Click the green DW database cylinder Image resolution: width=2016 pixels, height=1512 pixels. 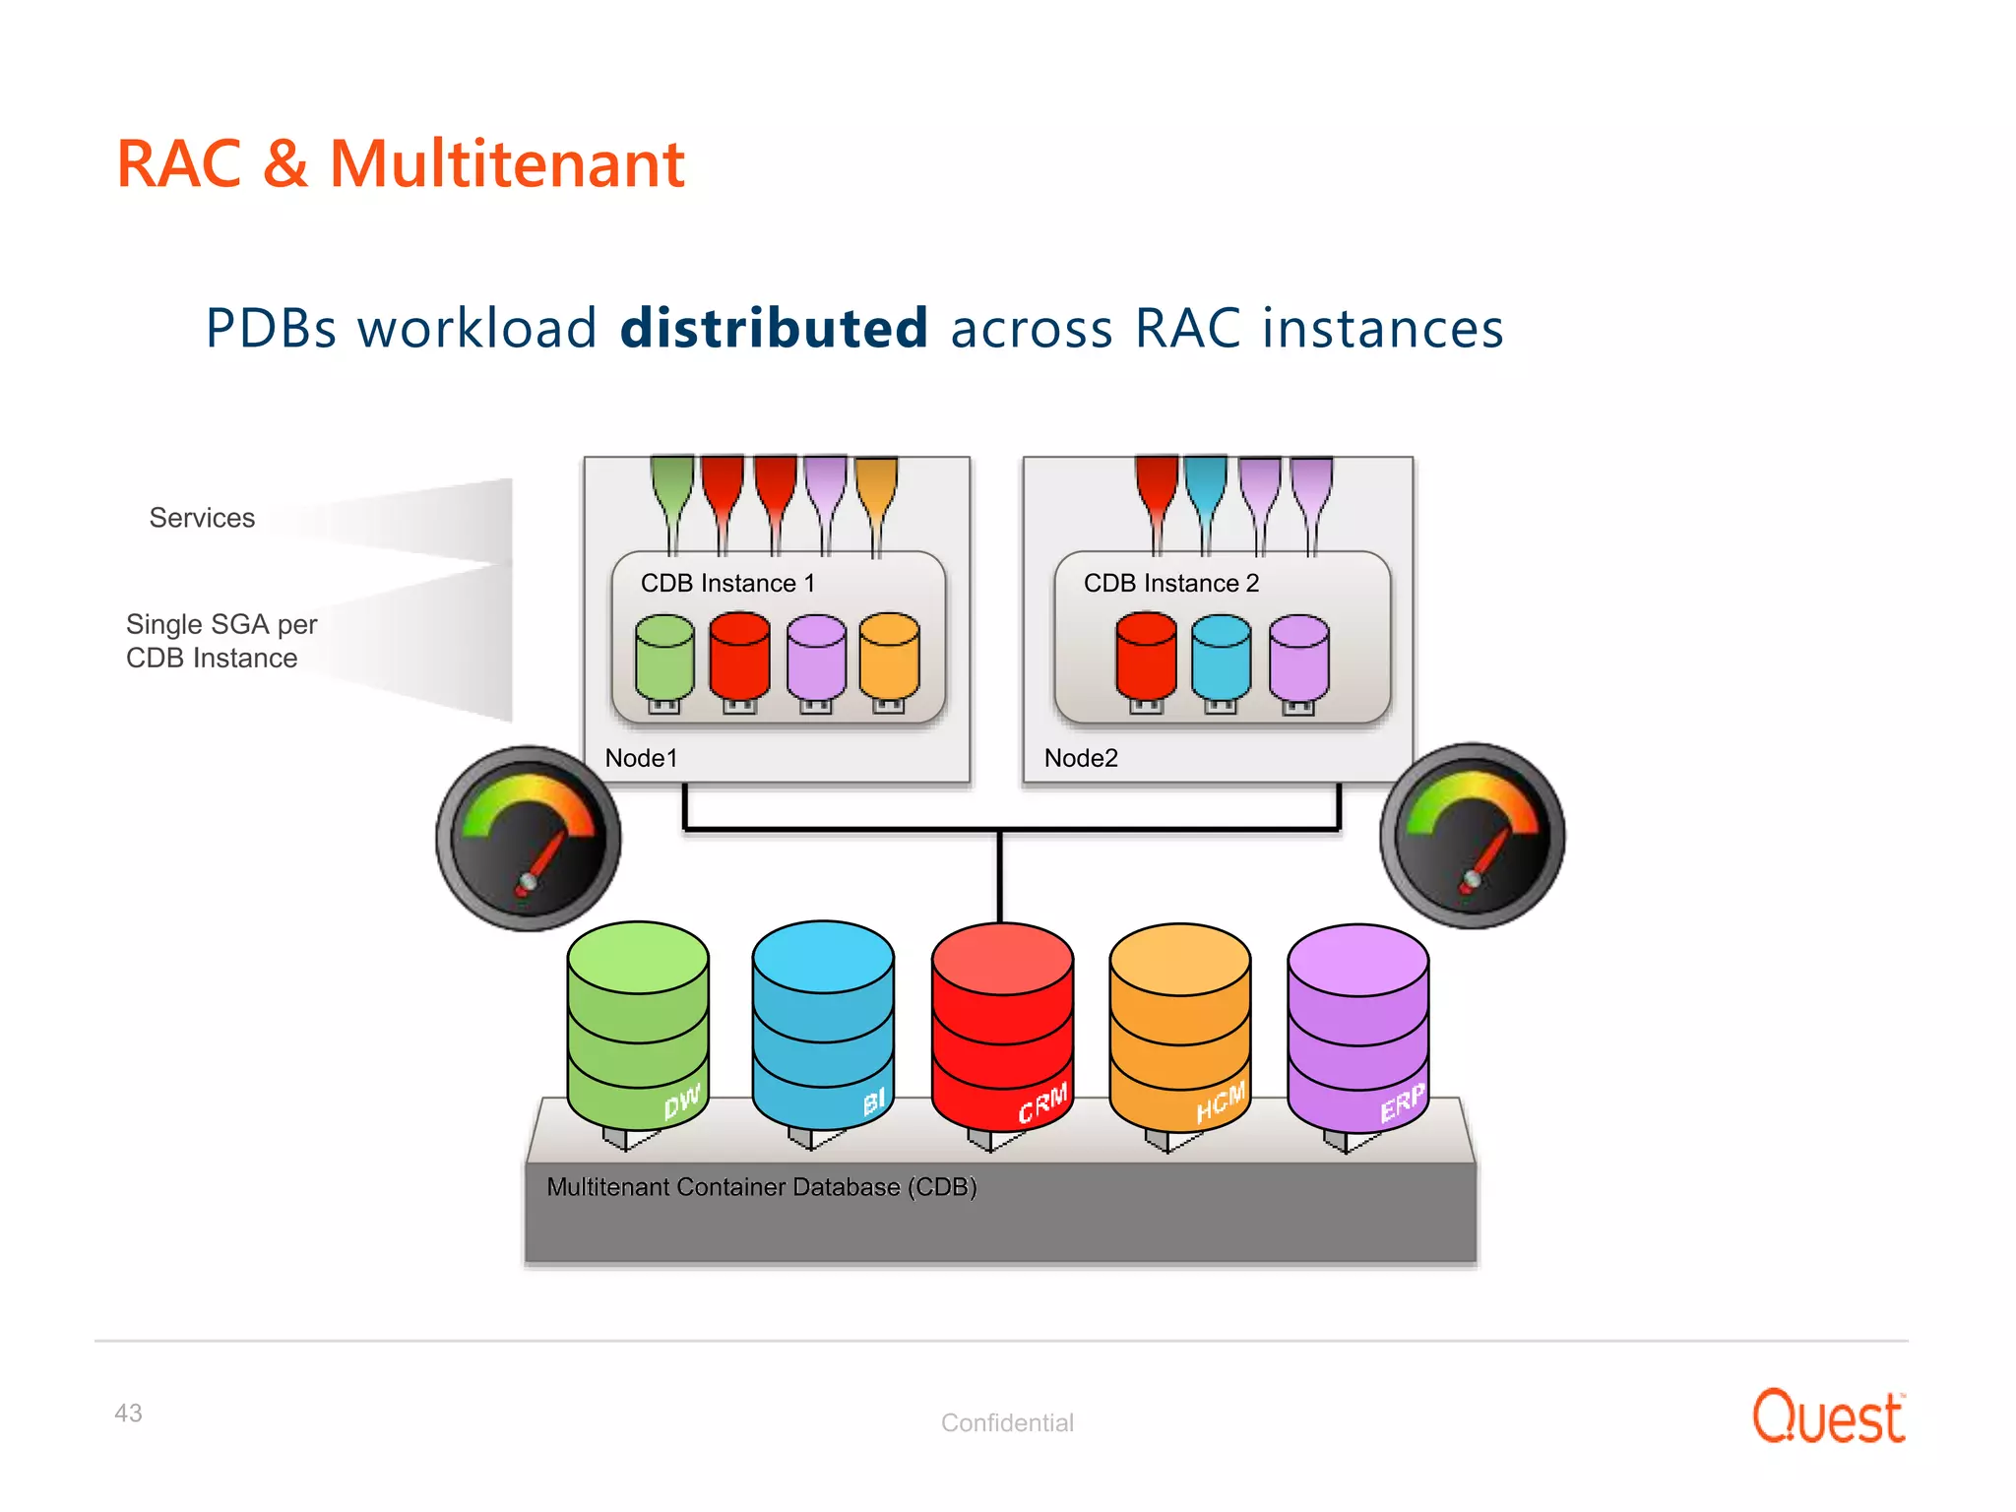coord(638,1024)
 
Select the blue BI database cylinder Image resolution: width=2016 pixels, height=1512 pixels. coord(823,1024)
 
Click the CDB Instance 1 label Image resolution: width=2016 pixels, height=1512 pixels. coord(727,583)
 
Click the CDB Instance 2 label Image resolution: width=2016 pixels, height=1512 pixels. coord(1170,583)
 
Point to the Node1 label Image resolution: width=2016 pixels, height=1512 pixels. coord(641,758)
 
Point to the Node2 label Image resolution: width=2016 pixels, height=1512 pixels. coord(1081,758)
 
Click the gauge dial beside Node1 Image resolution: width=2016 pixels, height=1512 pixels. coord(529,838)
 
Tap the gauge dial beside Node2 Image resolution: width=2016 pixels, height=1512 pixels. coord(1473,836)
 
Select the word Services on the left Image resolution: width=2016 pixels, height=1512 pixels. coord(202,518)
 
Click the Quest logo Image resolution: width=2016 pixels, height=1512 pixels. coord(1828,1417)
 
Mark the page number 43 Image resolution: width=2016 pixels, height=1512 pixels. coord(128,1414)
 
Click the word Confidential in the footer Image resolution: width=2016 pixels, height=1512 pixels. coord(1007,1422)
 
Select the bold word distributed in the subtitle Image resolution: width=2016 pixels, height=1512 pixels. coord(774,328)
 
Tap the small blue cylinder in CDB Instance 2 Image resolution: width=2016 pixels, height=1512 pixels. coord(1221,658)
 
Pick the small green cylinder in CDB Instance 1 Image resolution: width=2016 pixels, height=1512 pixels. coord(664,658)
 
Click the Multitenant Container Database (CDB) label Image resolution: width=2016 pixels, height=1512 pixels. coord(761,1187)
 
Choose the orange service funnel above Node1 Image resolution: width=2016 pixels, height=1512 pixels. coord(876,492)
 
